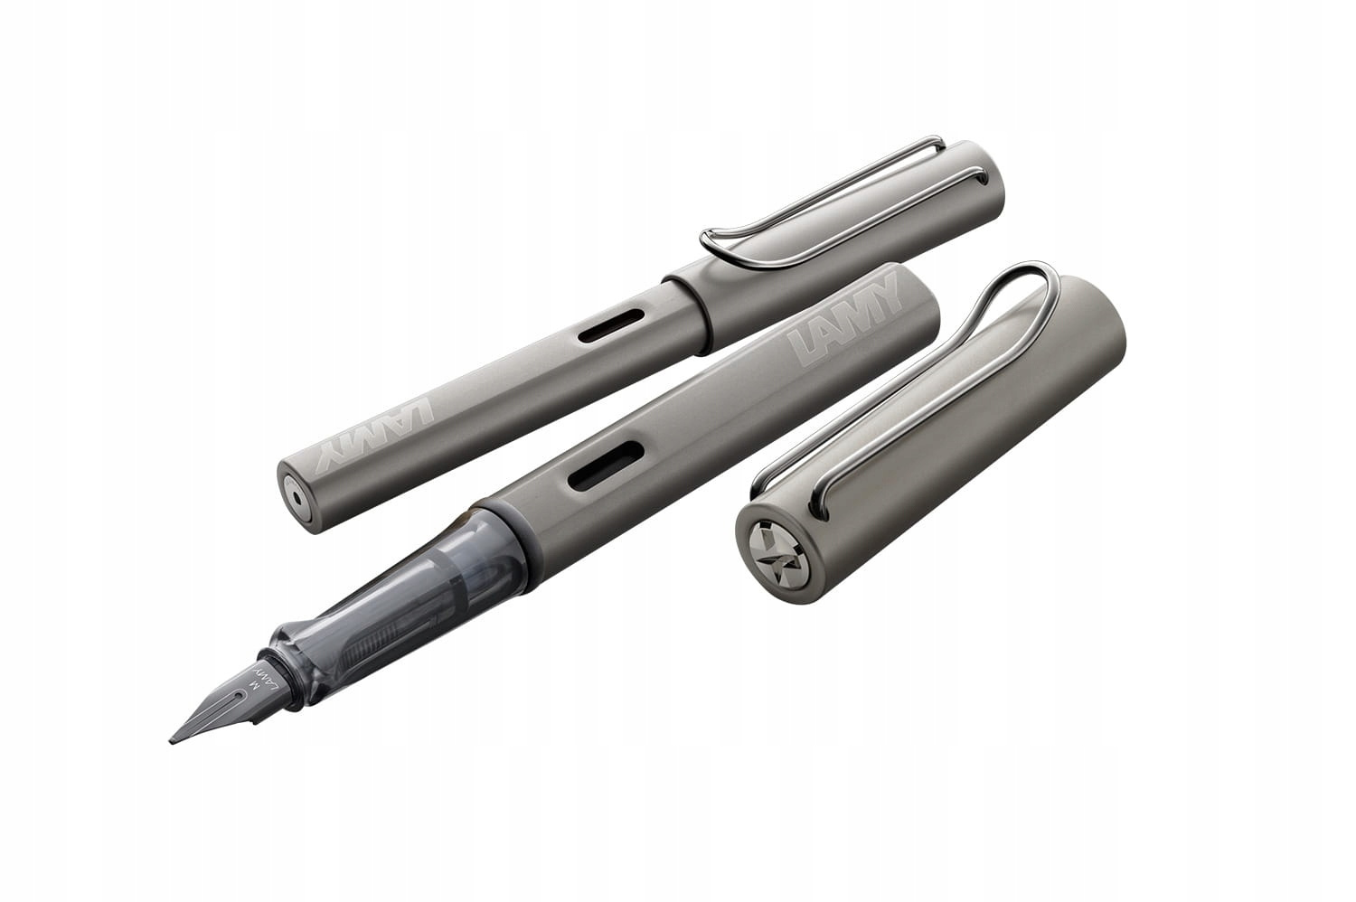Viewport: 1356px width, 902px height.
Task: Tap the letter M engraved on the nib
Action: [254, 683]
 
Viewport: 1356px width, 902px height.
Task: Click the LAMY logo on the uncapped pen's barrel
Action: [844, 318]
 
